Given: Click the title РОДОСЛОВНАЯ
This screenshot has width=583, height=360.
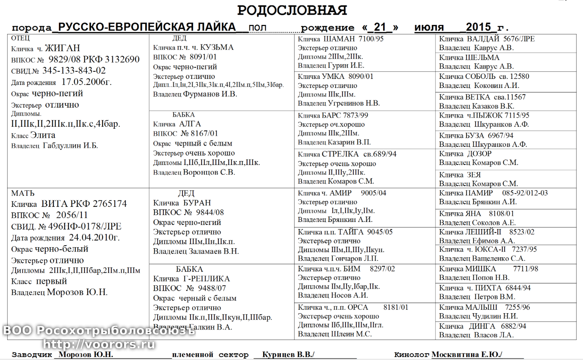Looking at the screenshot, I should point(292,10).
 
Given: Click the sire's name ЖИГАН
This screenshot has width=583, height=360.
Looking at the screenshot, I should point(62,48).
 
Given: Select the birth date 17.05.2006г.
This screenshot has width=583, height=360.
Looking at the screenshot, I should point(86,82).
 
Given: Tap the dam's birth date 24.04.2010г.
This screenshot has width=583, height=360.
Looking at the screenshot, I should point(94,237).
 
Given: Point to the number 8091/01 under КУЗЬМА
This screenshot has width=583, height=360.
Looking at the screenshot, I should point(203,57).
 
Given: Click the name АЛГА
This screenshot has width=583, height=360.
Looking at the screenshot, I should point(190,124).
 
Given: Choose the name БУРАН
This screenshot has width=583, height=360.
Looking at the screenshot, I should point(197,203).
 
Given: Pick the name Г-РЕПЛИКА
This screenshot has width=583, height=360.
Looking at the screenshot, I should point(206,278).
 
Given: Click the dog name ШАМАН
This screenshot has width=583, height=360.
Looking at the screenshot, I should point(339,39).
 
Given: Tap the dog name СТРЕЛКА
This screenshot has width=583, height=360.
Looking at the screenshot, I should point(340,154).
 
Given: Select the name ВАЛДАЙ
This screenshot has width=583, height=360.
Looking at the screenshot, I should point(483,39).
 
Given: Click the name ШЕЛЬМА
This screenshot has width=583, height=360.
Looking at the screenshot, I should point(482,57).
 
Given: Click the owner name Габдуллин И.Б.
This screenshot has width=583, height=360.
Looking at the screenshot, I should point(70,146).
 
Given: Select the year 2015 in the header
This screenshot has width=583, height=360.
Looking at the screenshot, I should point(478,27).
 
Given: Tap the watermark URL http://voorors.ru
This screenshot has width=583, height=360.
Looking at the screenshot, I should point(99,344).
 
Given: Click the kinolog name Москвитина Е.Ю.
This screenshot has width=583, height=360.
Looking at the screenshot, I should point(466,354).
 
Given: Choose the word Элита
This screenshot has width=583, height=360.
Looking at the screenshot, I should point(43,135).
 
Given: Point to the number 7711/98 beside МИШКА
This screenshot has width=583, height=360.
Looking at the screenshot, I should point(526,269).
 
